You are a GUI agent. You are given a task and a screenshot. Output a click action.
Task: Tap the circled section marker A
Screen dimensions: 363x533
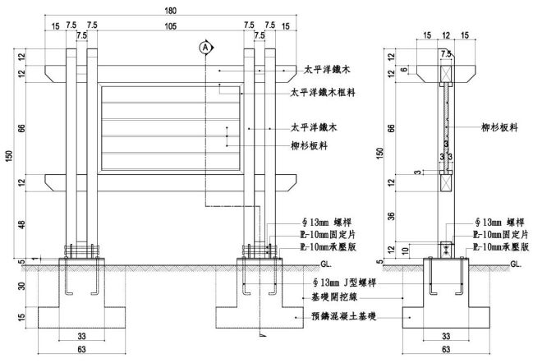[204, 47]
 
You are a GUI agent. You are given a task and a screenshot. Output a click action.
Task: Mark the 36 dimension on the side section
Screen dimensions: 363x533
[391, 217]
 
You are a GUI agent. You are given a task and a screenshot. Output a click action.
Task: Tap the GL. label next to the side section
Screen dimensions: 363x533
[515, 264]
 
